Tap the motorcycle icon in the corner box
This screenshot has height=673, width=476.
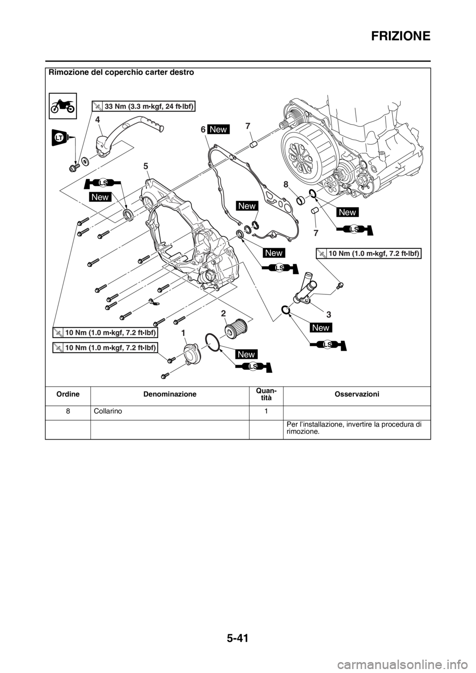(x=63, y=106)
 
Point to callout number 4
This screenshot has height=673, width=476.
(x=98, y=119)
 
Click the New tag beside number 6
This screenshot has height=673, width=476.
(x=218, y=129)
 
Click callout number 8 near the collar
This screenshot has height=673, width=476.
(x=286, y=184)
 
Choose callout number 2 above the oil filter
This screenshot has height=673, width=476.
(x=224, y=313)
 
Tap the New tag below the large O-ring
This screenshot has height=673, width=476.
(x=246, y=354)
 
